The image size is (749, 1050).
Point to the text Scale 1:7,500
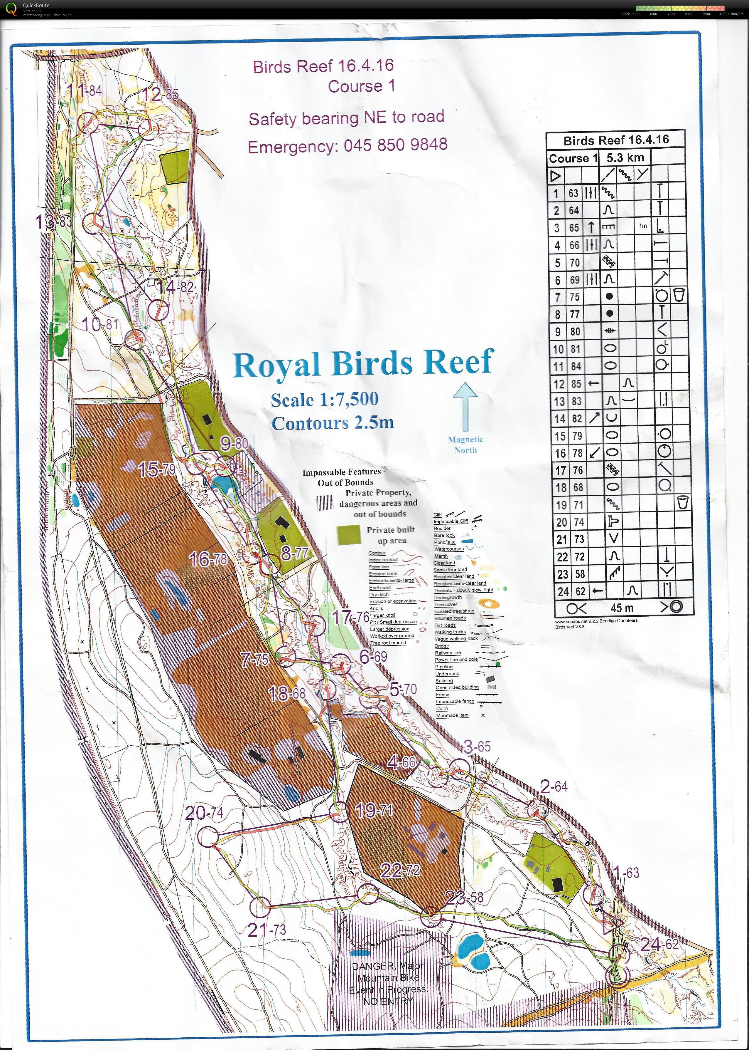point(324,400)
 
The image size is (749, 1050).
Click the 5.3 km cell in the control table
point(625,158)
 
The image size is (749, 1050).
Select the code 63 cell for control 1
point(573,193)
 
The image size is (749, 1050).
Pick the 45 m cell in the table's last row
point(622,608)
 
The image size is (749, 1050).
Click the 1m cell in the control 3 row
point(643,226)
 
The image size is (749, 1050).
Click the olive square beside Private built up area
point(349,534)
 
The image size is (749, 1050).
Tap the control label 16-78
point(208,560)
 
